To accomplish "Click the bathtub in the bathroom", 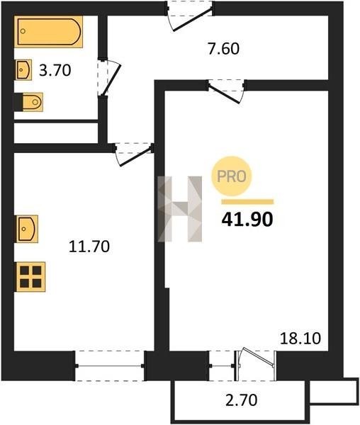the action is (x=48, y=31).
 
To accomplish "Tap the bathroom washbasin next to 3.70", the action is (x=23, y=69).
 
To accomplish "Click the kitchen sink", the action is (x=27, y=229).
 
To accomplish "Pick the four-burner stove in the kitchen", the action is (x=30, y=277).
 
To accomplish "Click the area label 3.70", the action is (x=55, y=70).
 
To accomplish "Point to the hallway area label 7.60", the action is (x=224, y=49).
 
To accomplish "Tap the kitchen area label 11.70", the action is (x=89, y=246).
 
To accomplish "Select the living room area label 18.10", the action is (x=300, y=339).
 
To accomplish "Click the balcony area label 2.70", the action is (x=241, y=400).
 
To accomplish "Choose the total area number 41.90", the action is (x=247, y=220).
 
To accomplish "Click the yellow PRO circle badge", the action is (x=232, y=176).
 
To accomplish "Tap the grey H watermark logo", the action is (x=180, y=209).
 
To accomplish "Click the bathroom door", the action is (x=108, y=77).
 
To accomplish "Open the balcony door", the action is (x=256, y=363).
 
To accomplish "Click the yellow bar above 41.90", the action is (x=247, y=202).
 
